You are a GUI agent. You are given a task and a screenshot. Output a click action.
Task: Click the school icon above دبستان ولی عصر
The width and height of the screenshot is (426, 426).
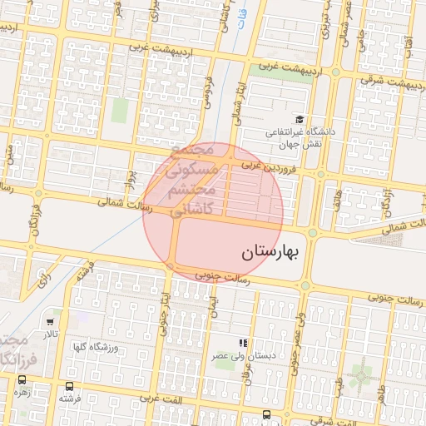click(243, 342)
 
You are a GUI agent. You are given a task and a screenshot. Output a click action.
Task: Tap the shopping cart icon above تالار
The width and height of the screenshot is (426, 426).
click(52, 321)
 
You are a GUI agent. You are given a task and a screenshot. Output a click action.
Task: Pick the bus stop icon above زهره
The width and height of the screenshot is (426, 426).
click(22, 379)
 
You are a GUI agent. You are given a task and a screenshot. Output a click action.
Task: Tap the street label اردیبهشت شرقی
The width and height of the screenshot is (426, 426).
click(394, 82)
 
